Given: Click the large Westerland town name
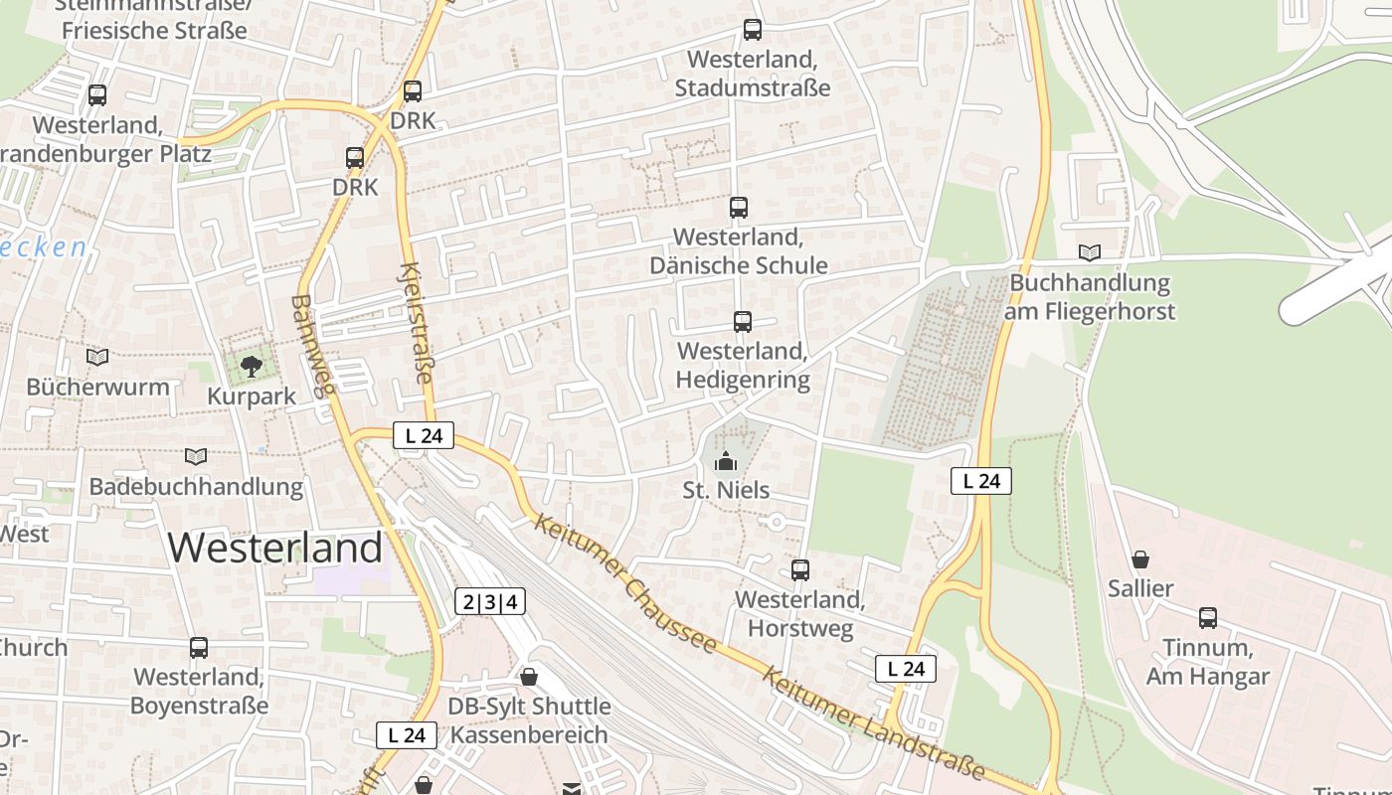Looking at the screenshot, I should coord(275,548).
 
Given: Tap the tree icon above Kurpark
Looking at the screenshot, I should coord(252,366).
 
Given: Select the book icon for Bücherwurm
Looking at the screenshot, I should coord(97,357).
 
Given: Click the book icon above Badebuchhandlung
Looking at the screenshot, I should coord(196,457).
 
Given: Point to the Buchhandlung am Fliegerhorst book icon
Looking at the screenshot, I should coord(1090,252).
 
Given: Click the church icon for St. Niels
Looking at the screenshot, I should coord(726,461).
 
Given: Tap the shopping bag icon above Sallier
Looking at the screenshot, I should coord(1140,559).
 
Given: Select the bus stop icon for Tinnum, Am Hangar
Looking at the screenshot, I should coord(1208,618).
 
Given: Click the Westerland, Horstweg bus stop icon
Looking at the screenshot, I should coord(800,570).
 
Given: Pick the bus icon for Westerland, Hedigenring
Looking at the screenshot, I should coord(742,322).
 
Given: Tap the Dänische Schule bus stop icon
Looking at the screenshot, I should coord(738,208).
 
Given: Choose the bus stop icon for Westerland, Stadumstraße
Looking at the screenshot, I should coord(753,31).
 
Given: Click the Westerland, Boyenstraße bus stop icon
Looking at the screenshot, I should coord(199,648).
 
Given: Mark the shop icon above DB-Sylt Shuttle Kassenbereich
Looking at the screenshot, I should coord(529,677).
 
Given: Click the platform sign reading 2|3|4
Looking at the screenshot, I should coord(490,601).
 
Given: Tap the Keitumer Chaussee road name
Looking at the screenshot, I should coord(624,582).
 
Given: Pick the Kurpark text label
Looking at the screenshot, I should coord(252,397).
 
